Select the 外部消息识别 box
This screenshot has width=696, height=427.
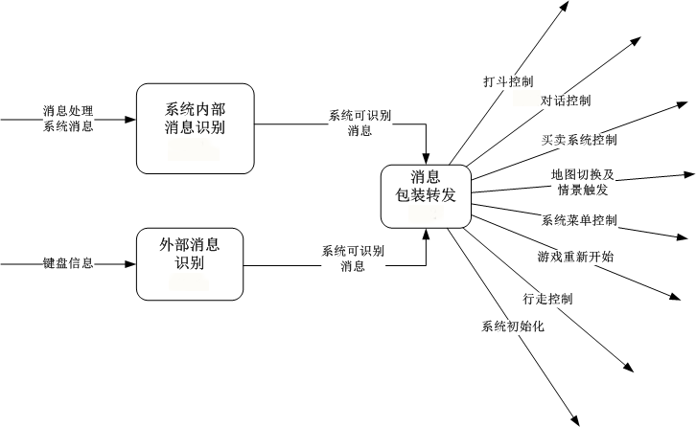189,262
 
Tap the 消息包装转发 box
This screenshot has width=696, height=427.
426,196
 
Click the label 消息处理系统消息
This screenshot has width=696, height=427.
68,120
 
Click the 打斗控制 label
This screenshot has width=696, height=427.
508,82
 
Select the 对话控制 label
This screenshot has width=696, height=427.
566,101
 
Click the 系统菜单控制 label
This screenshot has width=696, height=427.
579,220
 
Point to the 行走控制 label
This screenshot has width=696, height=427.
548,298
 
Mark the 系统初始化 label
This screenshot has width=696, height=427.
513,326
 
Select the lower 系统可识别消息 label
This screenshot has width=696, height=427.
353,258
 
